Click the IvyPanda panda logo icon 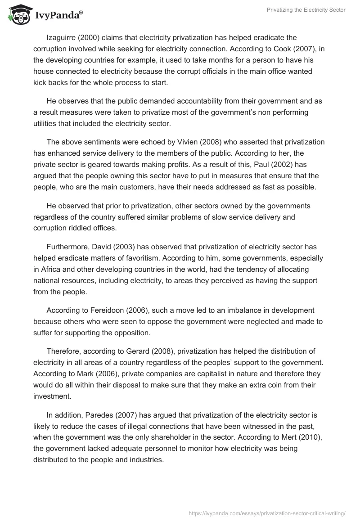[x=18, y=14]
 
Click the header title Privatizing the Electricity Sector [x=306, y=10]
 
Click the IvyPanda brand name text [x=57, y=16]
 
